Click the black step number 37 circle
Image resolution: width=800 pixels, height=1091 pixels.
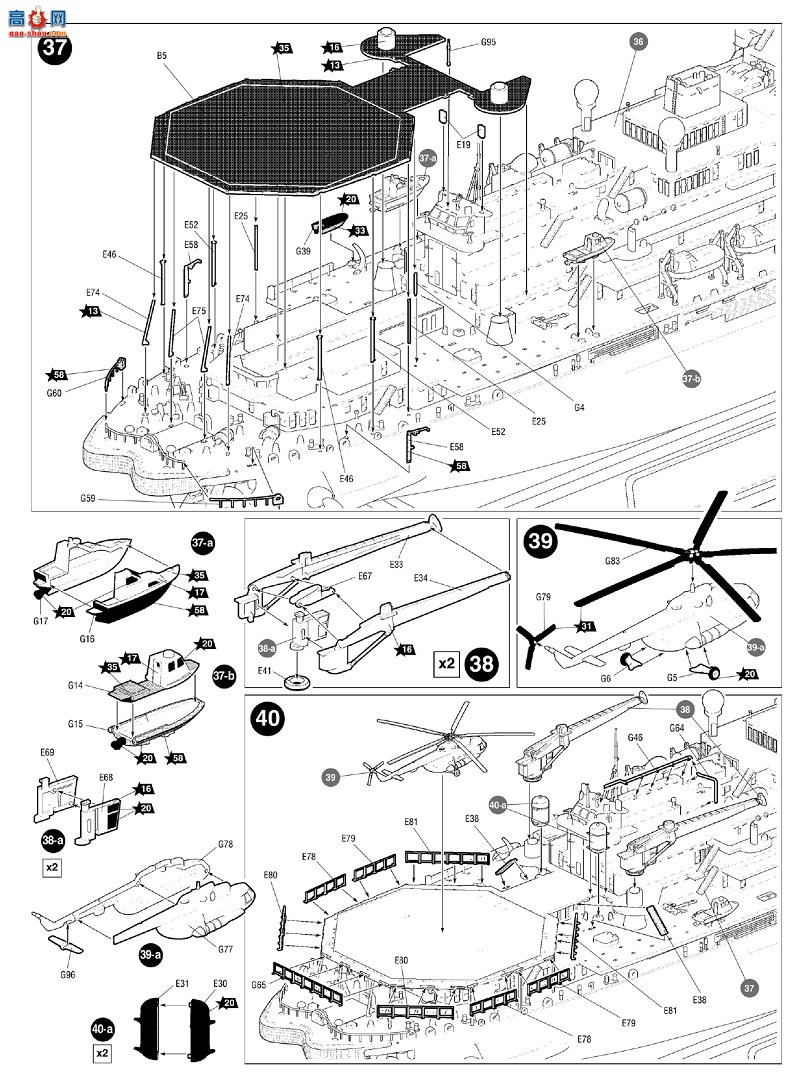tap(52, 51)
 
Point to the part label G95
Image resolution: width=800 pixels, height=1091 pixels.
tap(488, 43)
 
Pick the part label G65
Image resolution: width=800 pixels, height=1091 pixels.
tap(260, 986)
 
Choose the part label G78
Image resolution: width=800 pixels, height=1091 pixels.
tap(226, 845)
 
